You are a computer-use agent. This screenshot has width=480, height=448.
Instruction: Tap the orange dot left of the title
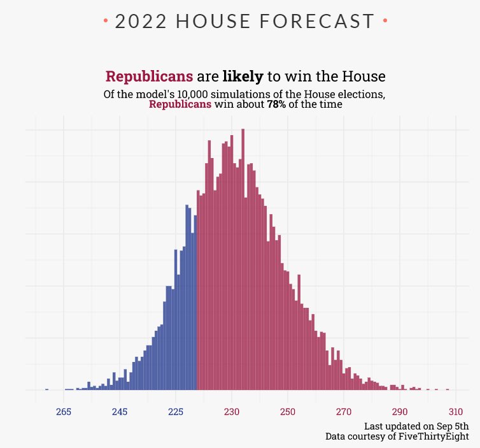pyautogui.click(x=106, y=22)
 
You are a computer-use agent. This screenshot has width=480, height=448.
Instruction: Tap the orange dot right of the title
pyautogui.click(x=385, y=22)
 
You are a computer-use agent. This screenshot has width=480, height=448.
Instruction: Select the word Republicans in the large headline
pyautogui.click(x=149, y=76)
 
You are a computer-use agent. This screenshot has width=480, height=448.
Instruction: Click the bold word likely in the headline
pyautogui.click(x=243, y=76)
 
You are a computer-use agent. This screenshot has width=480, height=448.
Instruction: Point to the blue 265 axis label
pyautogui.click(x=64, y=412)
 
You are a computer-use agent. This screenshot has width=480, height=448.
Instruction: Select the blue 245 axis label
pyautogui.click(x=120, y=412)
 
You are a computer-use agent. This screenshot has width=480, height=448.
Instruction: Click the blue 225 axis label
pyautogui.click(x=176, y=412)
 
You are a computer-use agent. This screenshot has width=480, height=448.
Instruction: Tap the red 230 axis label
pyautogui.click(x=232, y=412)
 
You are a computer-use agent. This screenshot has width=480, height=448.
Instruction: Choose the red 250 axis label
pyautogui.click(x=288, y=412)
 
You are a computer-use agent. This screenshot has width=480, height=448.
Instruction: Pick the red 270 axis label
pyautogui.click(x=344, y=412)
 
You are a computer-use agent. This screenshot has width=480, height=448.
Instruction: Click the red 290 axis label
pyautogui.click(x=400, y=412)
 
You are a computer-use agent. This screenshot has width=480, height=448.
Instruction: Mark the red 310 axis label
pyautogui.click(x=456, y=412)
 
